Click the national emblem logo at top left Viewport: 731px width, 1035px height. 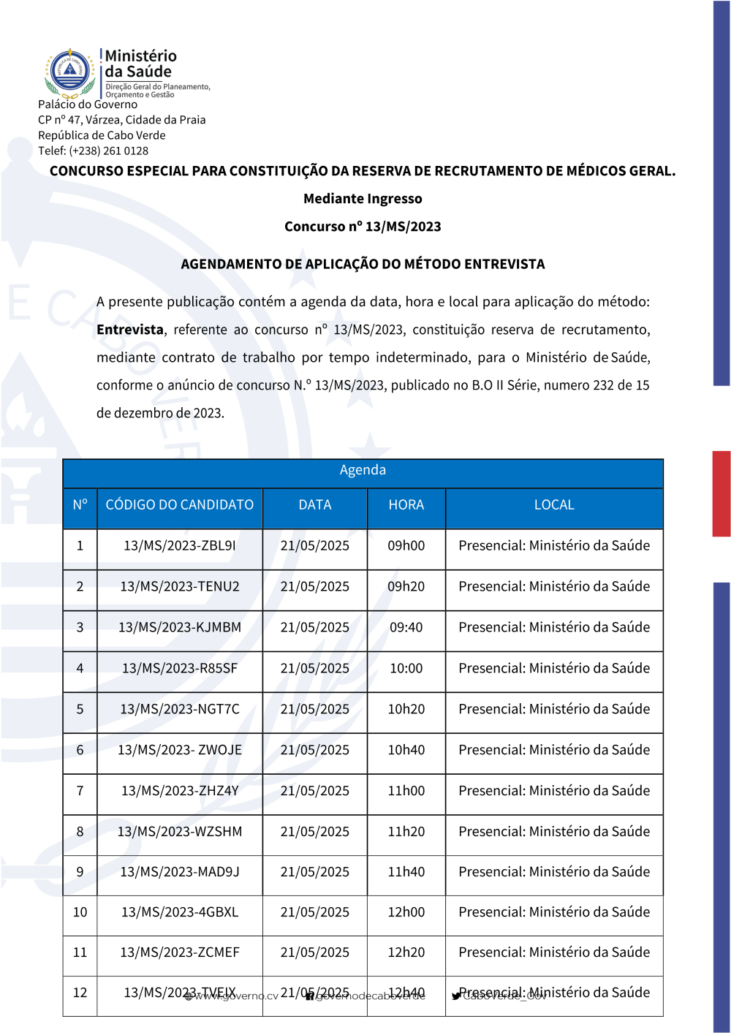coord(70,73)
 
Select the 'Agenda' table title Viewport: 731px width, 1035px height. coord(363,470)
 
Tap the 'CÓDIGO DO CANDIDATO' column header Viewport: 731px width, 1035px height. coord(180,505)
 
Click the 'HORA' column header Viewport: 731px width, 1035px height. coord(406,505)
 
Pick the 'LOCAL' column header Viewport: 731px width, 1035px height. coord(554,505)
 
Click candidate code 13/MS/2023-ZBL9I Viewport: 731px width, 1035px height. coord(180,546)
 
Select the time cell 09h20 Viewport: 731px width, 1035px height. coord(406,587)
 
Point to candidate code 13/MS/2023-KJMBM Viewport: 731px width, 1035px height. coord(180,628)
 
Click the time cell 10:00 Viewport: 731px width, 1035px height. coord(406,669)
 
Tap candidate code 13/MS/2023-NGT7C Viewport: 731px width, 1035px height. coord(180,710)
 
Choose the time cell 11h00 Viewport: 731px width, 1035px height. coord(406,791)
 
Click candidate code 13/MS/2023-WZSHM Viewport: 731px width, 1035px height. coord(180,832)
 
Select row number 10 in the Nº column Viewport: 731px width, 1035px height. coord(80,912)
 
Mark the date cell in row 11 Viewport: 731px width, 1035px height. coord(315,952)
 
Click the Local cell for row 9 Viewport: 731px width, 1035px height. coord(554,872)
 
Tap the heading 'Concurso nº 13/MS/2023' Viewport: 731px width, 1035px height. coord(363,227)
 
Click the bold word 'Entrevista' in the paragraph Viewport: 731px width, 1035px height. coord(130,330)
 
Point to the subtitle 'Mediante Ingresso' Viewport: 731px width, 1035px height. coord(363,199)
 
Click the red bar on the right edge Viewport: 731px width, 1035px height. coord(721,494)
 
